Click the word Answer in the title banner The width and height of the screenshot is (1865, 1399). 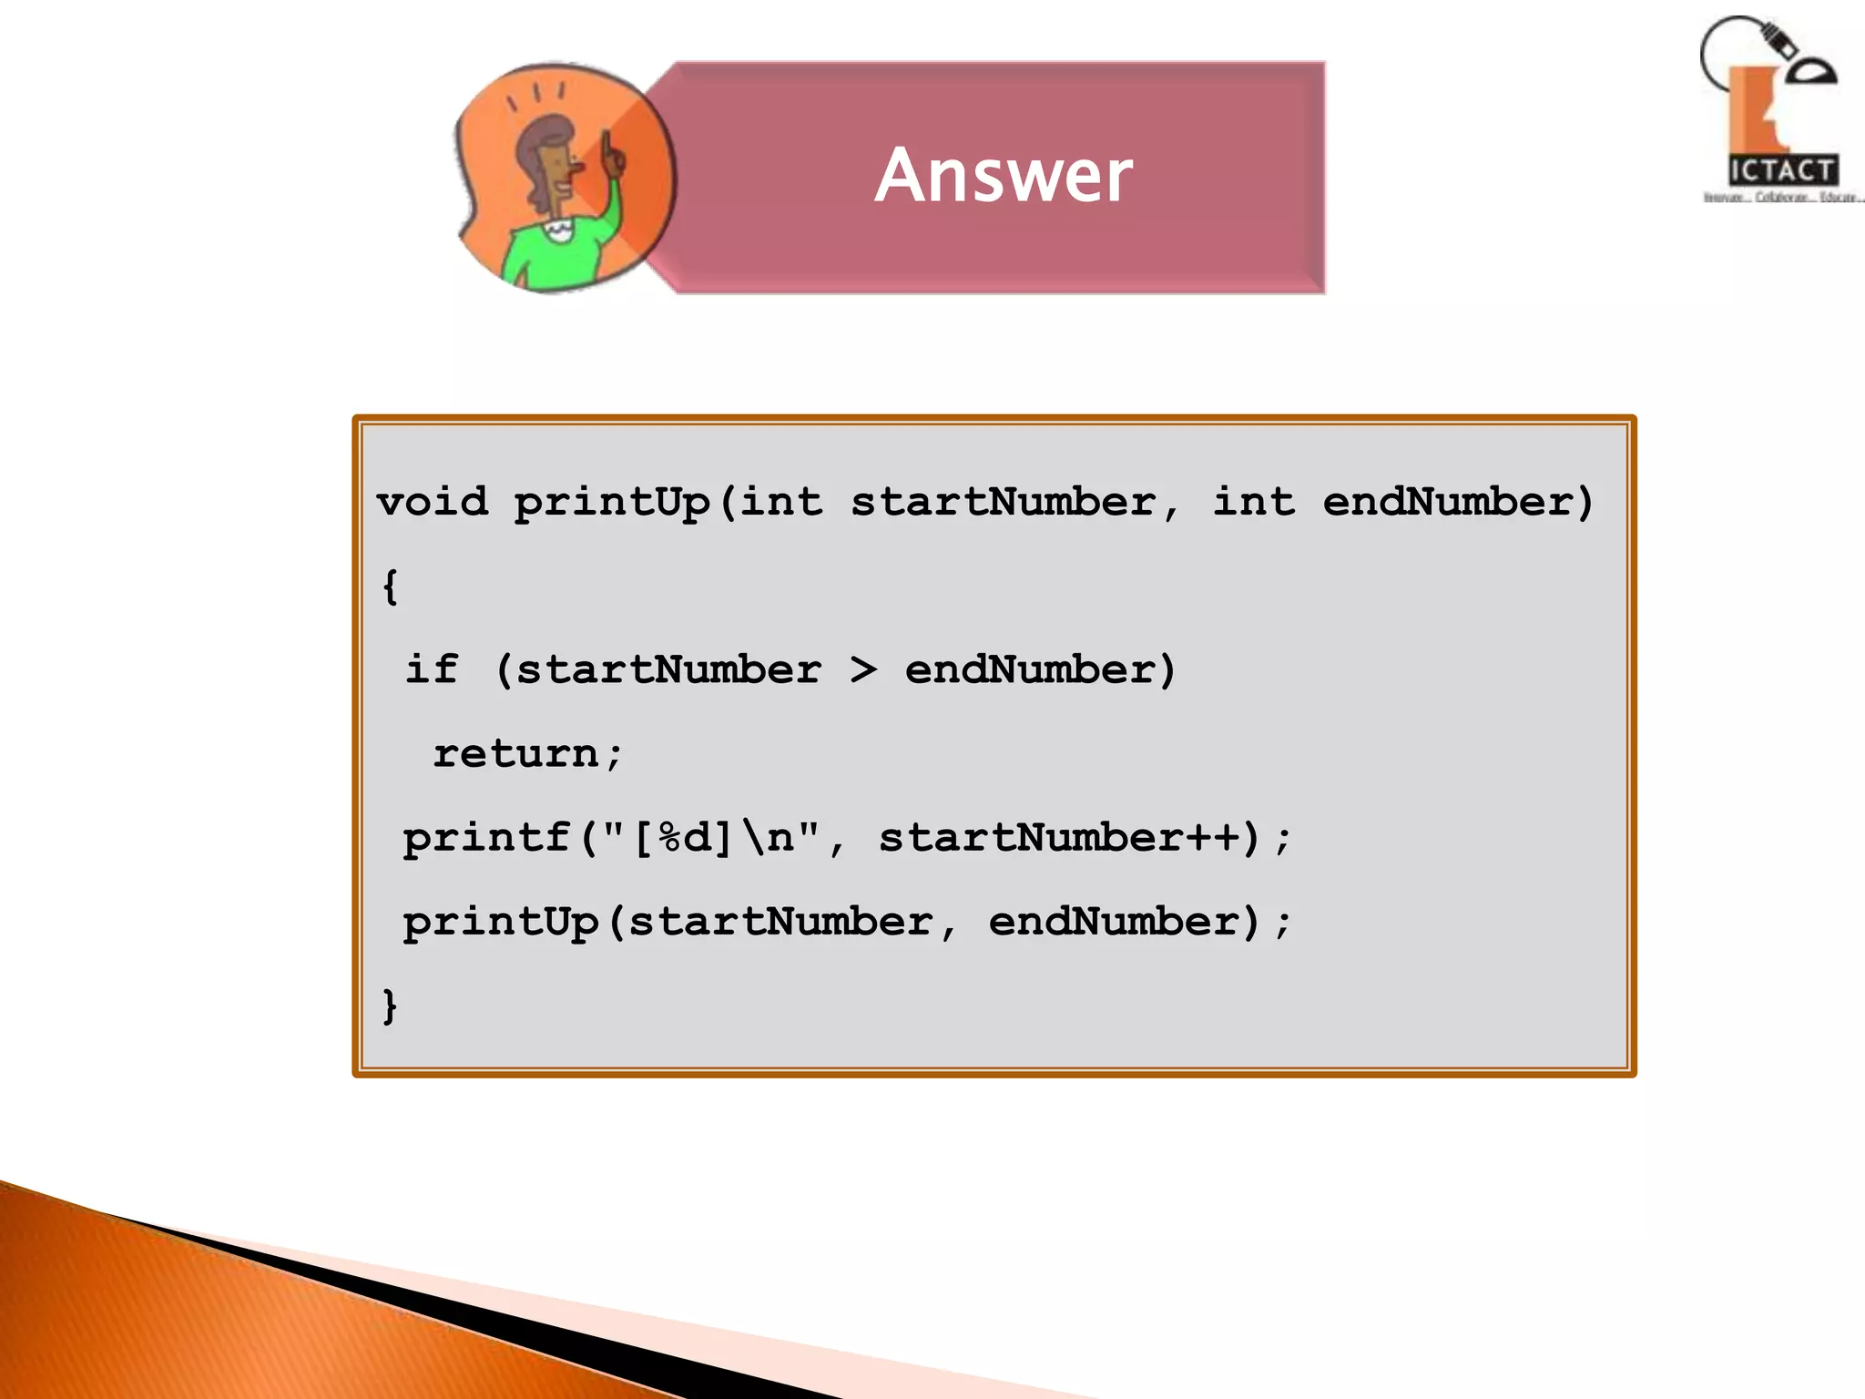[x=1004, y=175]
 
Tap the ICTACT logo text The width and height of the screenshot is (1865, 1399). [x=1781, y=170]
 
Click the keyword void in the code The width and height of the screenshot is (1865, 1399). [x=433, y=502]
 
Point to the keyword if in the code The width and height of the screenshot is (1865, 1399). [x=432, y=669]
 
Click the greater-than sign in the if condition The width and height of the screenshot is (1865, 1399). [x=863, y=670]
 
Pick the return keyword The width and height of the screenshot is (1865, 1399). [x=515, y=754]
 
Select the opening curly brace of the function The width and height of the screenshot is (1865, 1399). [x=390, y=587]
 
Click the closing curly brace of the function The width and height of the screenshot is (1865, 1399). [x=390, y=1006]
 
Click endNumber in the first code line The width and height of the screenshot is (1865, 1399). [x=1448, y=502]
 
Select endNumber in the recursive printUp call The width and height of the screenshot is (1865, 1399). [x=1114, y=922]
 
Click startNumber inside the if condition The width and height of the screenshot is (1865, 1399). [x=668, y=670]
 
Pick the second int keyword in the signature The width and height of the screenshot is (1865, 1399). [x=1253, y=502]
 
